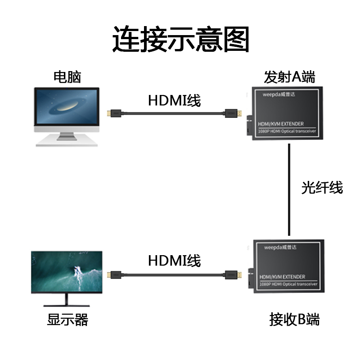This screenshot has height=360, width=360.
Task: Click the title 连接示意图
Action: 180,40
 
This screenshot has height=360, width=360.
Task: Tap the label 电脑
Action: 67,77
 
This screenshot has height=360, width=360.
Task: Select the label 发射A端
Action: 289,77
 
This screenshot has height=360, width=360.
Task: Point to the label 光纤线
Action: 322,187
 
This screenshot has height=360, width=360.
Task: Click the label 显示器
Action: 67,320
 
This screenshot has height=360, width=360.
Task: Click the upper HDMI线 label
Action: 174,100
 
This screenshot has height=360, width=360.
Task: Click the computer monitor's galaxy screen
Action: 67,108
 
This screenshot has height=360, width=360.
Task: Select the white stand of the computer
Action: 67,139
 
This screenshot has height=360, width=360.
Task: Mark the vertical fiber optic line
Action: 289,189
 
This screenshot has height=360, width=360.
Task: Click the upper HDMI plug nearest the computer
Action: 112,113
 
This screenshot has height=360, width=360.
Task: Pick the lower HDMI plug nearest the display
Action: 112,274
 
